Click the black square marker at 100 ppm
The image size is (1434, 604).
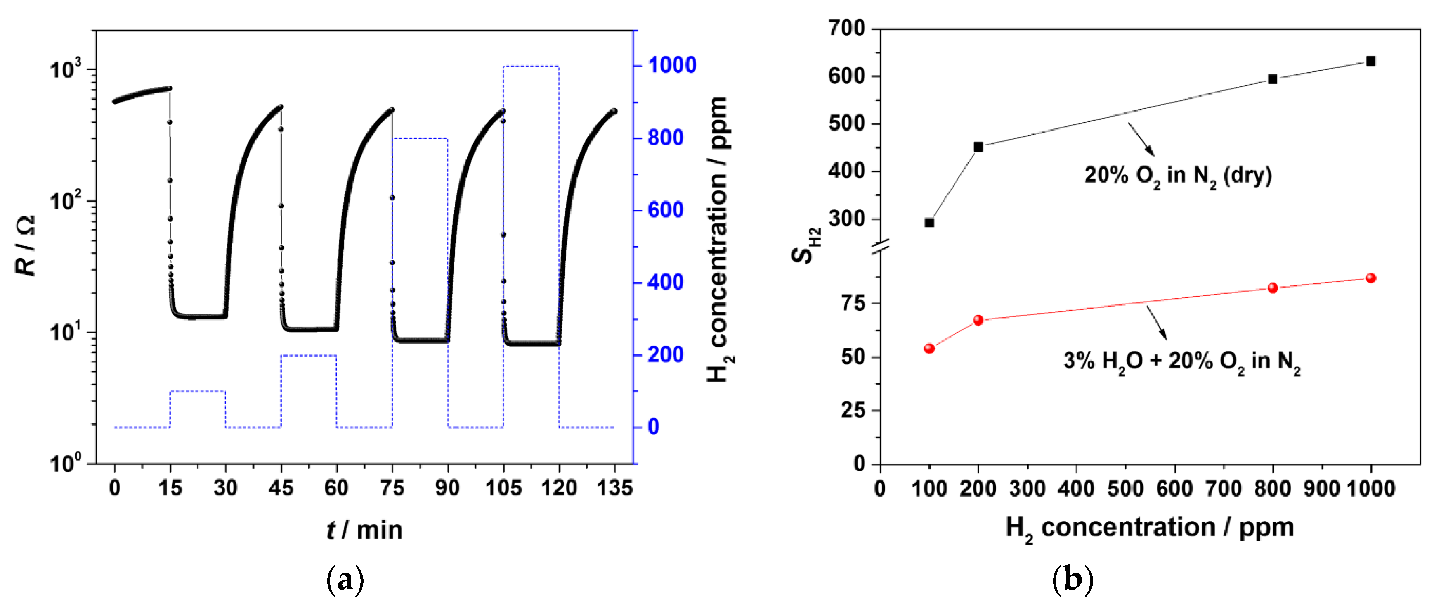click(x=929, y=222)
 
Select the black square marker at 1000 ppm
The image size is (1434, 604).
click(x=1370, y=61)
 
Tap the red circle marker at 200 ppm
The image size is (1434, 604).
click(x=978, y=320)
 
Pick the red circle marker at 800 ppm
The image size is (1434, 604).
click(x=1273, y=288)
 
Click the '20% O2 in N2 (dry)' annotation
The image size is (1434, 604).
click(x=1177, y=176)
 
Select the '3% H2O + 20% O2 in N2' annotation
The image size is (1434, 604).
click(x=1181, y=361)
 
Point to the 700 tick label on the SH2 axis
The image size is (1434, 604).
click(x=847, y=28)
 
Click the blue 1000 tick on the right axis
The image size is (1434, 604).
click(x=671, y=65)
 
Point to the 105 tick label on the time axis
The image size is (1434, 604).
click(x=503, y=489)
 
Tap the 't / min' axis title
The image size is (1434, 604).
click(x=365, y=529)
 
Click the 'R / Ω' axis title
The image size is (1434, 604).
click(x=25, y=245)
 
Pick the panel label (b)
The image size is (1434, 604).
click(x=1073, y=580)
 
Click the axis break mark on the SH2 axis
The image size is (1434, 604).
click(x=880, y=245)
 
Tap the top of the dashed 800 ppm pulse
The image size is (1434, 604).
click(x=420, y=138)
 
